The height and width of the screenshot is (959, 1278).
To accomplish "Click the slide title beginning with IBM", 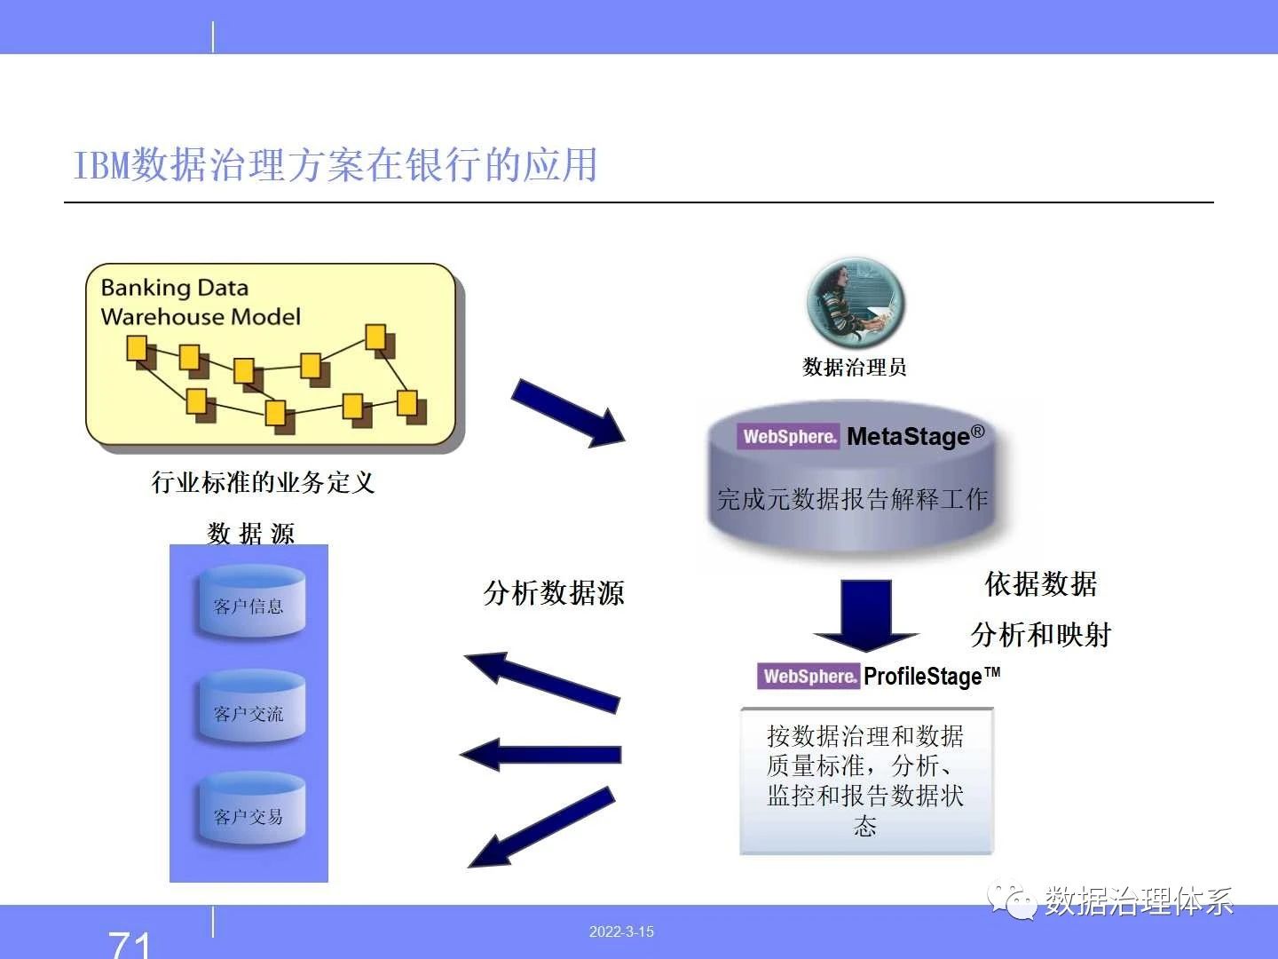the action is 335,165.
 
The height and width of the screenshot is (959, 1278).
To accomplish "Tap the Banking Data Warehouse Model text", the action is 201,302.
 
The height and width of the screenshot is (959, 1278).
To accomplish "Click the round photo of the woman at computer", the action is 856,302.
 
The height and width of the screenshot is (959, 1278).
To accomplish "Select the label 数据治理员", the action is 854,368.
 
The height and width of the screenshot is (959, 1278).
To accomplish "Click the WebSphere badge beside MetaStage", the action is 788,436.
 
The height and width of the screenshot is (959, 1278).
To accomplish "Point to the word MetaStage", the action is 915,435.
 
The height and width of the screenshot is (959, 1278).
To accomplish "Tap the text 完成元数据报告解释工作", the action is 852,499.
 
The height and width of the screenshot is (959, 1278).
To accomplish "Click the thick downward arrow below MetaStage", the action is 866,614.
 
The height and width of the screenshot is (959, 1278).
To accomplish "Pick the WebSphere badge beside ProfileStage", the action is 809,676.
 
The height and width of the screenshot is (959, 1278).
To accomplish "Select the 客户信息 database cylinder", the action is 251,601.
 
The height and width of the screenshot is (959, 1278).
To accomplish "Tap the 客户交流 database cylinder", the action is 251,706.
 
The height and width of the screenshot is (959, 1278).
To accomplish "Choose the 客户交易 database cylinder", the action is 251,808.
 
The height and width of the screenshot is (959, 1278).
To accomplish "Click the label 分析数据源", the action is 554,593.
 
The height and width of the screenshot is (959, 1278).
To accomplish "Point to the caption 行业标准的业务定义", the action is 263,483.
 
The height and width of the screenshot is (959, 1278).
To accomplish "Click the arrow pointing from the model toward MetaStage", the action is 568,413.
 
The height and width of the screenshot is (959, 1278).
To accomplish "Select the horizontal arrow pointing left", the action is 540,755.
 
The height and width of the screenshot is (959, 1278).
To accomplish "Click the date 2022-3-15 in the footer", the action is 621,931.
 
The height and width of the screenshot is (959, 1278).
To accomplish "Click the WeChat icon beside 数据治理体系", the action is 1012,900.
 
